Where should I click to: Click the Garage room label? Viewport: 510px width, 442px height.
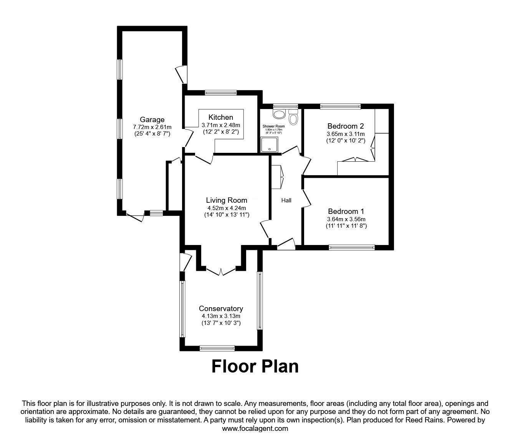click(152, 119)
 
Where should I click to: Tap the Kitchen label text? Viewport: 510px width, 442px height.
click(220, 117)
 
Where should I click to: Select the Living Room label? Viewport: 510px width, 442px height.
click(227, 200)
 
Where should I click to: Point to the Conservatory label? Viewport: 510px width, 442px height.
click(221, 308)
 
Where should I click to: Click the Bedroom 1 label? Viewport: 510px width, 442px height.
click(346, 211)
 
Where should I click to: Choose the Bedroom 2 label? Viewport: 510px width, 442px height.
click(345, 126)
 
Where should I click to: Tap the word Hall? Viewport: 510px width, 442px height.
click(286, 200)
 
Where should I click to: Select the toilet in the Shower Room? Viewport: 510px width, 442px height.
click(293, 117)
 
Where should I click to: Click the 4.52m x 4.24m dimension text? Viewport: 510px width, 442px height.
click(227, 209)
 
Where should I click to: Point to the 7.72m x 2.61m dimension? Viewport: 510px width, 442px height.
click(152, 127)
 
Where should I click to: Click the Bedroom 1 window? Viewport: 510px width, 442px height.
click(351, 248)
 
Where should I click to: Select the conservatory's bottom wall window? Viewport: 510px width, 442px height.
click(217, 348)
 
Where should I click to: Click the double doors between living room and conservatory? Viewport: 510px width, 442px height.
click(220, 271)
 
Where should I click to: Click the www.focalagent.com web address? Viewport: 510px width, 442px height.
click(255, 429)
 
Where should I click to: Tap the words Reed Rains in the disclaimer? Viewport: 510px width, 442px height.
click(420, 420)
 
